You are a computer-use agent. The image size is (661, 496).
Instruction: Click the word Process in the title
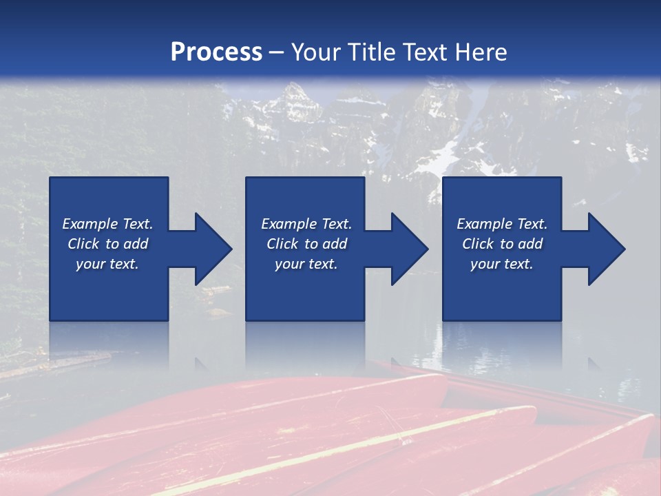[x=216, y=52]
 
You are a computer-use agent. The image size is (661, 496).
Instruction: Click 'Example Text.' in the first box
[x=107, y=224]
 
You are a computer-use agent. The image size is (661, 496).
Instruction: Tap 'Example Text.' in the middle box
[x=306, y=224]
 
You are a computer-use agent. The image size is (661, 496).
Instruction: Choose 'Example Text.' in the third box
[x=502, y=224]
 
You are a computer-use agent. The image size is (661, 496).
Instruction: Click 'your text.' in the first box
[x=107, y=264]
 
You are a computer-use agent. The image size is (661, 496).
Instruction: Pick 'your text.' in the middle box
[x=306, y=264]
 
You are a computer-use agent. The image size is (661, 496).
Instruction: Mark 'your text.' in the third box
[x=502, y=264]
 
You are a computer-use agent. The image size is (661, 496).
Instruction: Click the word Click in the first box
[x=83, y=244]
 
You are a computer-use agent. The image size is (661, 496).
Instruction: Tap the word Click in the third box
[x=478, y=244]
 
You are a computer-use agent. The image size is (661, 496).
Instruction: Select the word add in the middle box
[x=335, y=244]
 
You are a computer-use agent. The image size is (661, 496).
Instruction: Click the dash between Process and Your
[x=277, y=52]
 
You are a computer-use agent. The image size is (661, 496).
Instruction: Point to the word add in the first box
[x=136, y=244]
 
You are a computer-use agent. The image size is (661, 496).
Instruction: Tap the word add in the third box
[x=530, y=244]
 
